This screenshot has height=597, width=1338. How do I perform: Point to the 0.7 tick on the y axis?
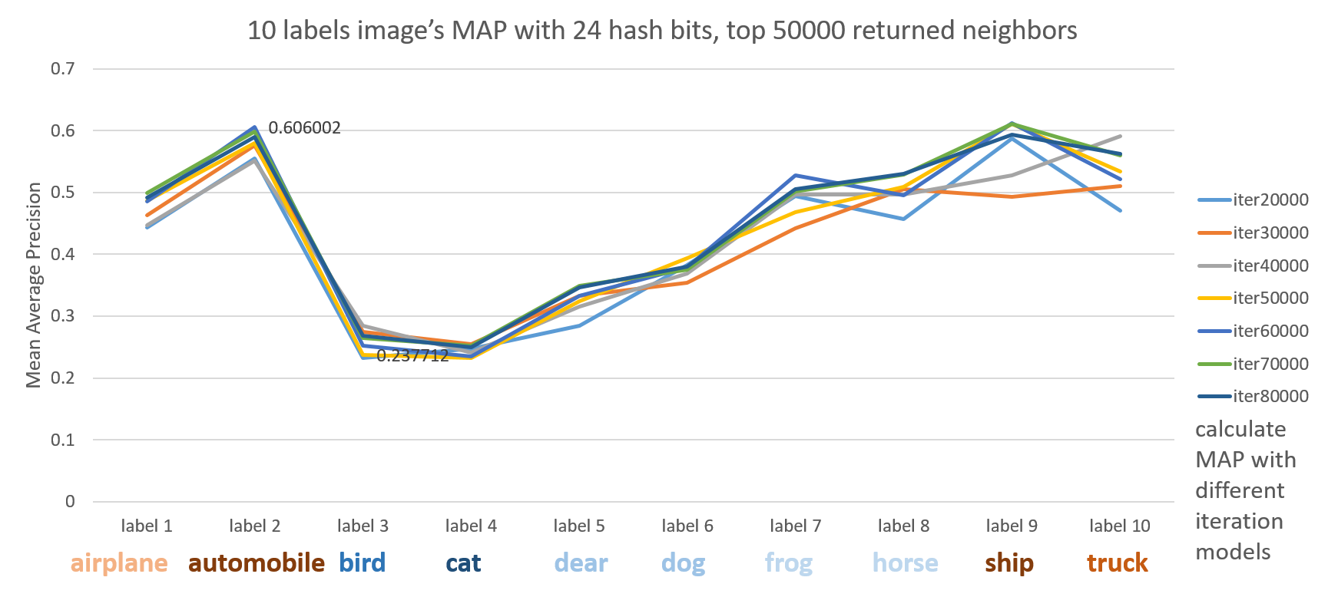click(63, 69)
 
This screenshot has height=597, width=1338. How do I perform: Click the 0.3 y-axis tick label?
click(63, 316)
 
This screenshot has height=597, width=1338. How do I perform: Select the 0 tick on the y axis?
click(70, 502)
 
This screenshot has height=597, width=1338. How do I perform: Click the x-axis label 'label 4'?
click(471, 526)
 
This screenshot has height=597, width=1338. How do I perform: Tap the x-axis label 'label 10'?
click(1120, 526)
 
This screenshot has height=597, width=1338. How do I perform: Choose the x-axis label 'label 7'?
click(796, 526)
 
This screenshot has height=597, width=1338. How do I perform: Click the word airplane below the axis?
click(119, 563)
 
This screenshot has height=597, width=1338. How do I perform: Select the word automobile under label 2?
click(257, 563)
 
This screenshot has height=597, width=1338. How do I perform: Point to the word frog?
click(789, 563)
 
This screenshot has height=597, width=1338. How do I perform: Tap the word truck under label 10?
click(1118, 563)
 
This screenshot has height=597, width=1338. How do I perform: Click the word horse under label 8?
click(906, 563)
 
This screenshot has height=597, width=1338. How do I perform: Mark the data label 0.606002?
click(304, 127)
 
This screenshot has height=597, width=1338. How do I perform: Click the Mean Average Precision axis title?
click(33, 285)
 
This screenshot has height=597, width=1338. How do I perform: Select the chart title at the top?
click(661, 31)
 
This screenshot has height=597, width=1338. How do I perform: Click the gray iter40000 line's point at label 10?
click(1121, 136)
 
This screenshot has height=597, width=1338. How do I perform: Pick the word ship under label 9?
click(1009, 563)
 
